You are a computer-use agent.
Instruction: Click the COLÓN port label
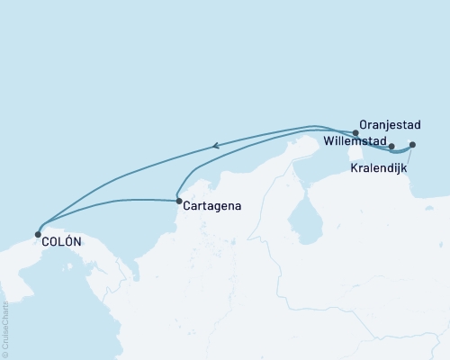[x=61, y=241]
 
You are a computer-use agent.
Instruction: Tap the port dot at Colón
[x=38, y=234]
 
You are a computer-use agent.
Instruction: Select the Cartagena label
[x=211, y=207]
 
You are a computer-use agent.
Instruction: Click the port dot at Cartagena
[x=178, y=201]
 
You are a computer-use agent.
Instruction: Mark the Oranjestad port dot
[x=356, y=133]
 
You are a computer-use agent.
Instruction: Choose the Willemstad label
[x=355, y=142]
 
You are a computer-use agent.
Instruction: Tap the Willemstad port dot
[x=391, y=146]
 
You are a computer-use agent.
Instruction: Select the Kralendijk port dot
[x=412, y=145]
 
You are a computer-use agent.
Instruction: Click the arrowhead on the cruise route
[x=216, y=145]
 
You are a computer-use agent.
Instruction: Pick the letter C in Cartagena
[x=185, y=207]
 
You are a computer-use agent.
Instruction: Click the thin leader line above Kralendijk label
[x=409, y=156]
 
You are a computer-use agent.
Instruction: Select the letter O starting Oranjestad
[x=363, y=125]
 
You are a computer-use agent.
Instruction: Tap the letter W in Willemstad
[x=328, y=142]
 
